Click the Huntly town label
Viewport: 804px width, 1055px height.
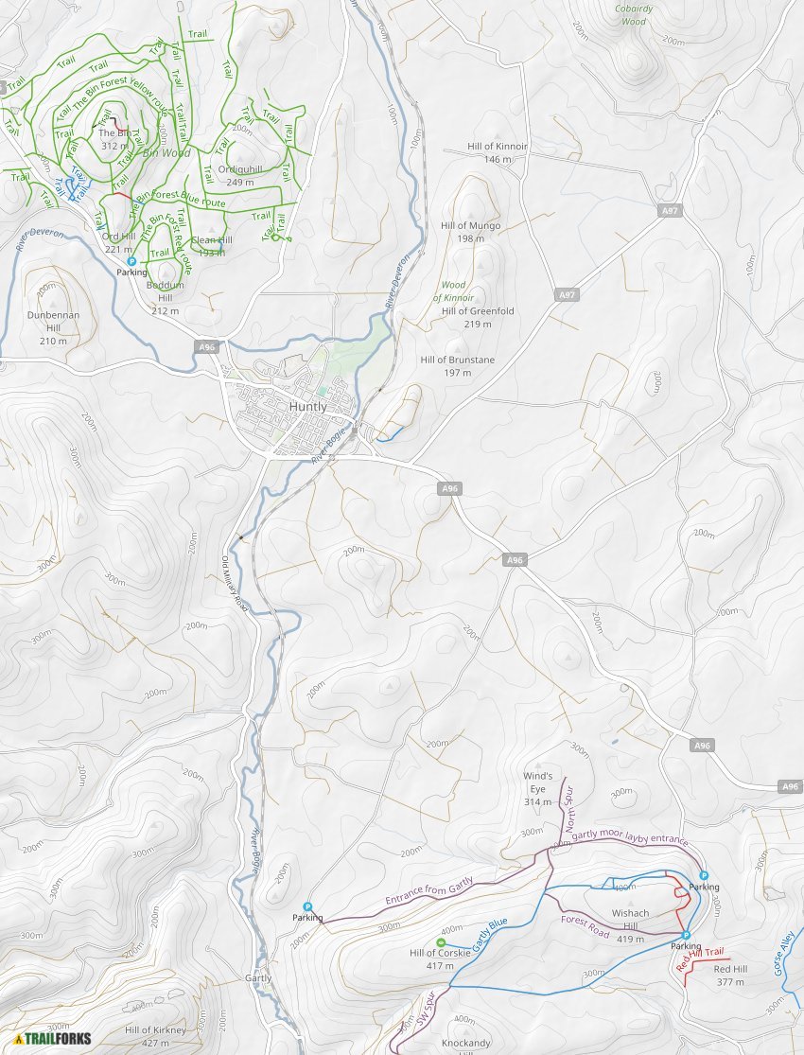pyautogui.click(x=308, y=406)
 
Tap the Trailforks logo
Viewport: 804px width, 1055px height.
pyautogui.click(x=53, y=1038)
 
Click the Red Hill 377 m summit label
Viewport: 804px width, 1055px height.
pyautogui.click(x=730, y=976)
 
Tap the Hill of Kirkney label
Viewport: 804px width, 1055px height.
pyautogui.click(x=155, y=1035)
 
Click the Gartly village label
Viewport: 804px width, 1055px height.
pyautogui.click(x=258, y=978)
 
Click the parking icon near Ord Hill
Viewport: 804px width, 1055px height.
pyautogui.click(x=131, y=261)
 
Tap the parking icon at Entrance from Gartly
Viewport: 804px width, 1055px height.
pyautogui.click(x=307, y=906)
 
